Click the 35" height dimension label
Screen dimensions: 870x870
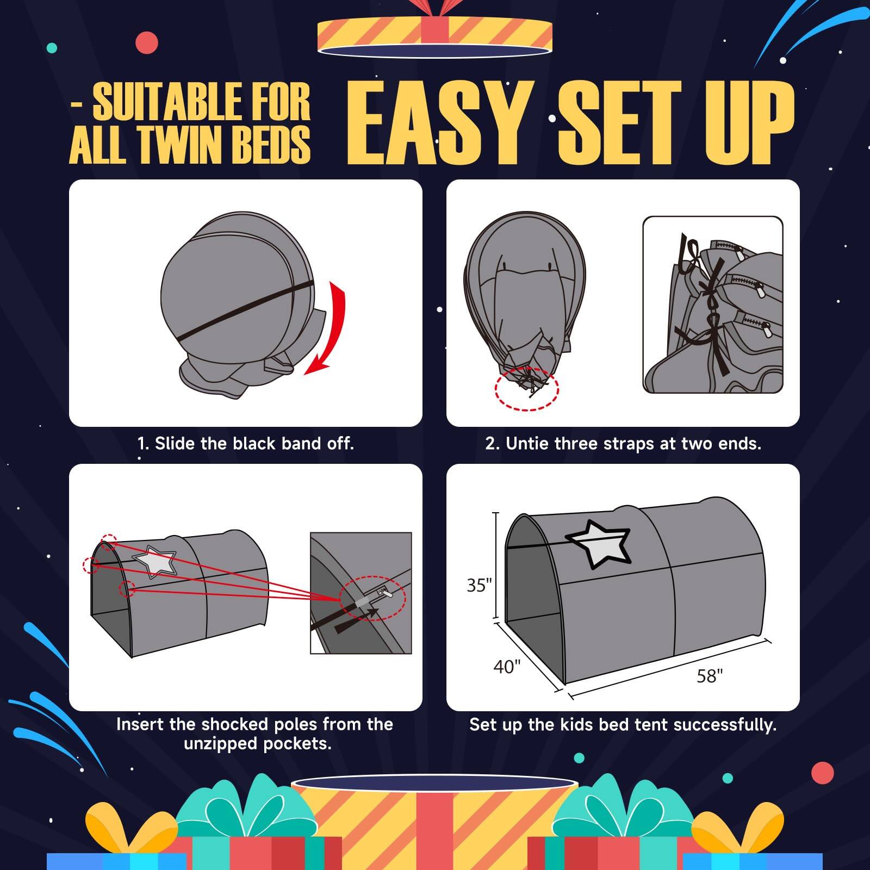point(478,585)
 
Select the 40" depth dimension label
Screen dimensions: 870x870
point(507,666)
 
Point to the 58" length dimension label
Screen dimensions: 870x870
point(710,676)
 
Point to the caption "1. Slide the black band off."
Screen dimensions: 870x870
point(245,443)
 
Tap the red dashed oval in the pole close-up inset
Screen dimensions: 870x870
point(372,598)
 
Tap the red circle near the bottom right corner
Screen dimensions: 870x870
point(822,773)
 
